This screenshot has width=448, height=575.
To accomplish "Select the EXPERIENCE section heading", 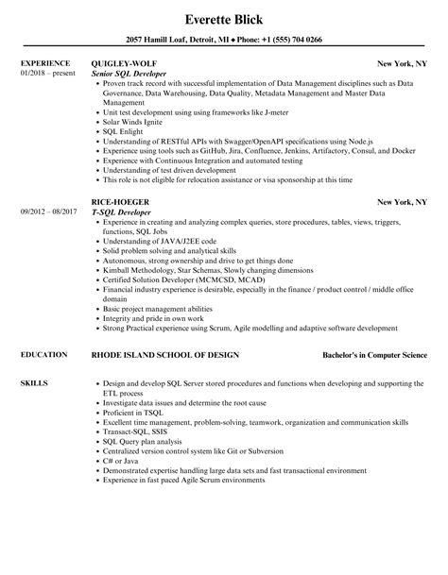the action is pyautogui.click(x=44, y=63).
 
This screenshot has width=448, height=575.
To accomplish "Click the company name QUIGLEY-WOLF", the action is pyautogui.click(x=122, y=63).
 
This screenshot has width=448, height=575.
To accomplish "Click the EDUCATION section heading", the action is pyautogui.click(x=43, y=354).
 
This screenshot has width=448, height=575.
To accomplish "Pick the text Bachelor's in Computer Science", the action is pyautogui.click(x=374, y=355).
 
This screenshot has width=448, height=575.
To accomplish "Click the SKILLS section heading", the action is pyautogui.click(x=33, y=383).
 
